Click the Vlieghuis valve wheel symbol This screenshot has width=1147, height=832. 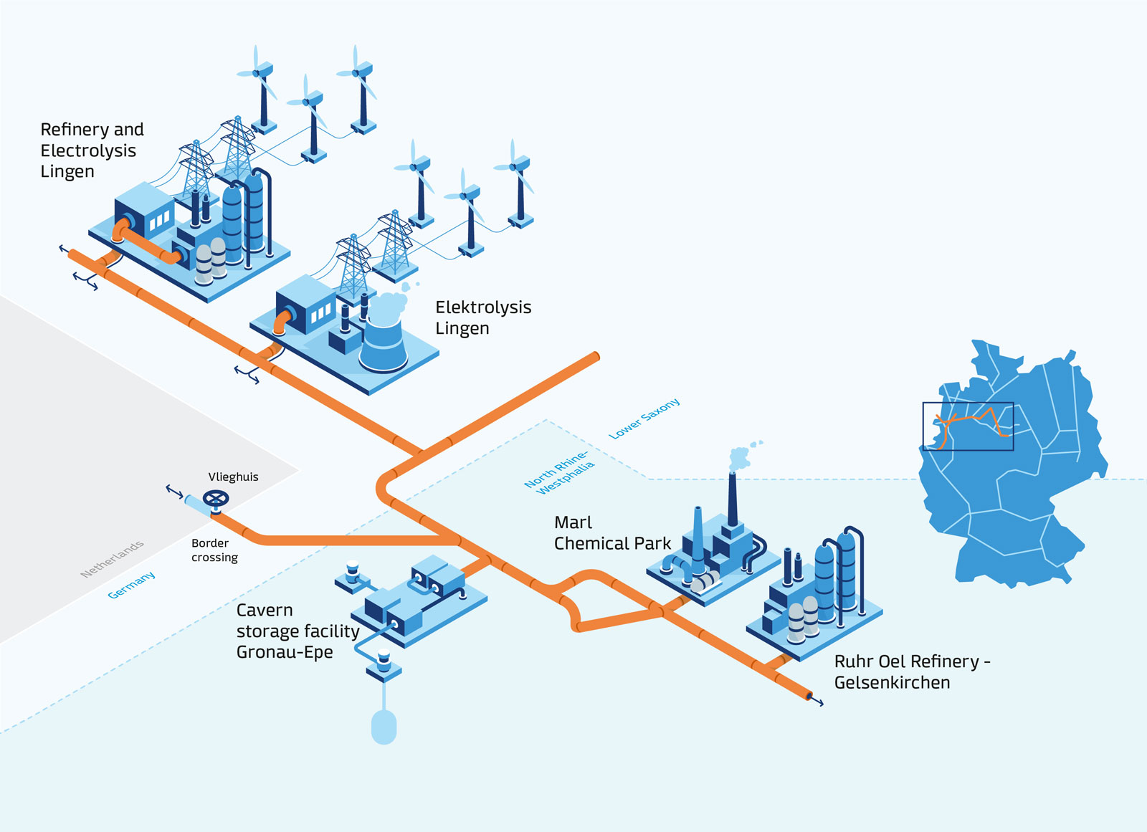(x=216, y=498)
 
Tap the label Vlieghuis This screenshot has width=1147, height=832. (x=233, y=477)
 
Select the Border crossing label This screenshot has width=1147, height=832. (x=214, y=550)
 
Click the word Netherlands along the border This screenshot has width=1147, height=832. (x=112, y=559)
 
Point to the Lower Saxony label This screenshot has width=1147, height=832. (x=644, y=419)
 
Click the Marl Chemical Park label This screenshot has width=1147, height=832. (x=611, y=533)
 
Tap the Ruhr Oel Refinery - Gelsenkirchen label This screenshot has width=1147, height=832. (x=910, y=671)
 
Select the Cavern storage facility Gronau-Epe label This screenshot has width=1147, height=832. (x=298, y=631)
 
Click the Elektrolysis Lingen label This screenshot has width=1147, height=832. (x=482, y=317)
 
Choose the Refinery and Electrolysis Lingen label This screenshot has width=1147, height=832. (x=91, y=150)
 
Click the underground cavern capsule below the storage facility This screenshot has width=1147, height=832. (x=384, y=726)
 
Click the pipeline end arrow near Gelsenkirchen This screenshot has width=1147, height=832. (x=816, y=700)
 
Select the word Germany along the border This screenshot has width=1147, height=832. (x=131, y=585)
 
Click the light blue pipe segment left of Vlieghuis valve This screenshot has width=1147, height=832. (x=196, y=504)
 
